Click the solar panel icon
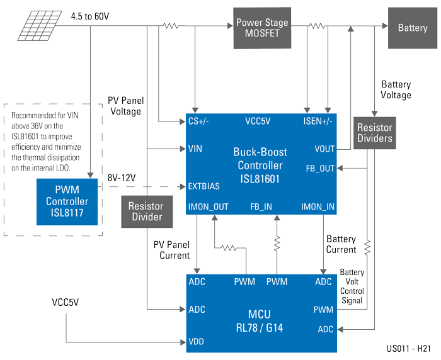[40, 26]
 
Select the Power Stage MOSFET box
[262, 28]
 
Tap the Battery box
[413, 28]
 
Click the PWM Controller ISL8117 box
[67, 202]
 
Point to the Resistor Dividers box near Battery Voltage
[375, 133]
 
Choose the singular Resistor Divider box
[147, 211]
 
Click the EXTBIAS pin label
[204, 186]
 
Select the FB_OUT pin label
[320, 169]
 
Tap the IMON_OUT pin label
[208, 207]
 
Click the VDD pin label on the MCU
[197, 342]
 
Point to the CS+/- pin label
[198, 121]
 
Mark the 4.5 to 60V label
[90, 16]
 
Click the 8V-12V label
[122, 178]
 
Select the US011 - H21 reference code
[408, 349]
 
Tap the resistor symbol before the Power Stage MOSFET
[171, 26]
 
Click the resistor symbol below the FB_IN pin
[277, 244]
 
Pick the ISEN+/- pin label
[318, 121]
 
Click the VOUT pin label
[324, 149]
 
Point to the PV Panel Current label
[171, 250]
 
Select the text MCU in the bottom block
[260, 314]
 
